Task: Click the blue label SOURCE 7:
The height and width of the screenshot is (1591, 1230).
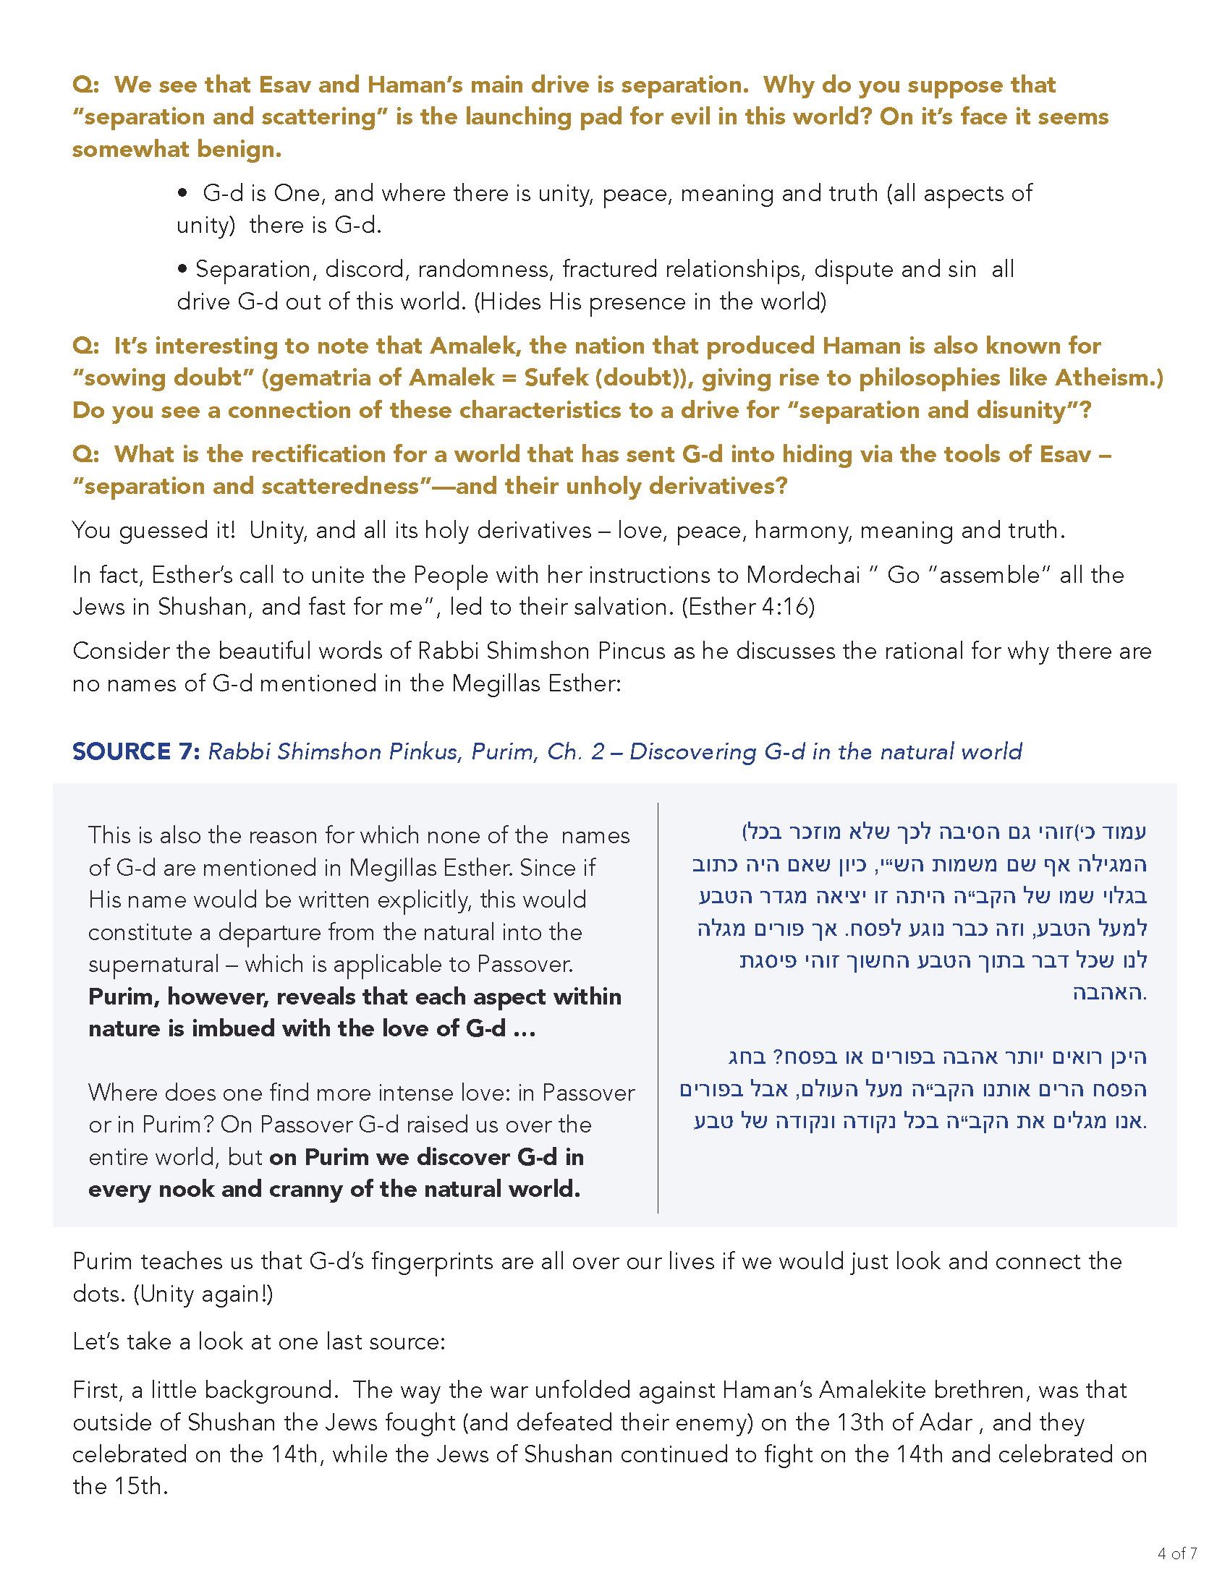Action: (x=135, y=751)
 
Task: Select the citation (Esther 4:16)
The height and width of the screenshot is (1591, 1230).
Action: (x=747, y=606)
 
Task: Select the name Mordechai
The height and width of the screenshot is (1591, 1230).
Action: (x=803, y=574)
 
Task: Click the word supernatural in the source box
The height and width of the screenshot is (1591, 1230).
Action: (x=153, y=964)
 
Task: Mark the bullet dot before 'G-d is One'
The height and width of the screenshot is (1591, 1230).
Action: (x=184, y=193)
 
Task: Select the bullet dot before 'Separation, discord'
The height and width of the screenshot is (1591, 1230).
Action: (x=182, y=270)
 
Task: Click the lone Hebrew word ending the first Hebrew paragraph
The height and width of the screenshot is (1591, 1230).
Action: (x=1109, y=992)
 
